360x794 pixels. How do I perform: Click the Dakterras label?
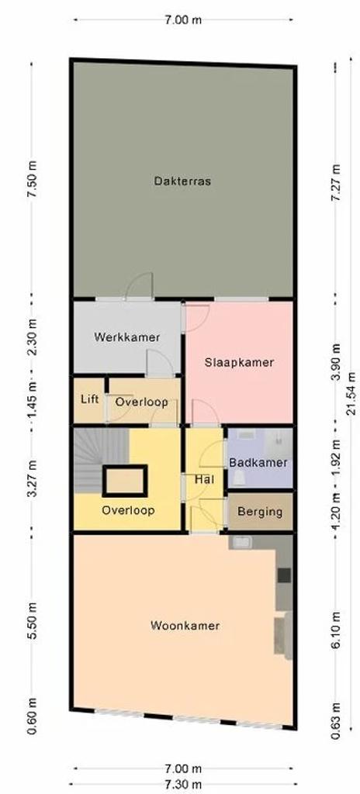point(182,181)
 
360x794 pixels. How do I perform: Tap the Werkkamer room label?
point(127,337)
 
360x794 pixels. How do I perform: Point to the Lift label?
point(89,399)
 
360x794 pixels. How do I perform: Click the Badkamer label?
point(258,462)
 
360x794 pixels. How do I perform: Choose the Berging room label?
point(260,512)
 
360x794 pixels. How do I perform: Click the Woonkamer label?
point(185,626)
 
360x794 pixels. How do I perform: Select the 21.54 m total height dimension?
point(351,393)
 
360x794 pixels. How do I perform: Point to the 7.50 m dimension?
point(33,181)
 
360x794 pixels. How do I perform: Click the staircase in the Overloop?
point(100,460)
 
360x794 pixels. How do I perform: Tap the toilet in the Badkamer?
point(238,478)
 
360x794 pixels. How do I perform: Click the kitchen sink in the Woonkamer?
point(241,542)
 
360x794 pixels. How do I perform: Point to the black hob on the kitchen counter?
point(285,575)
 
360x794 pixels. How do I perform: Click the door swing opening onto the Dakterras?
point(139,286)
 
